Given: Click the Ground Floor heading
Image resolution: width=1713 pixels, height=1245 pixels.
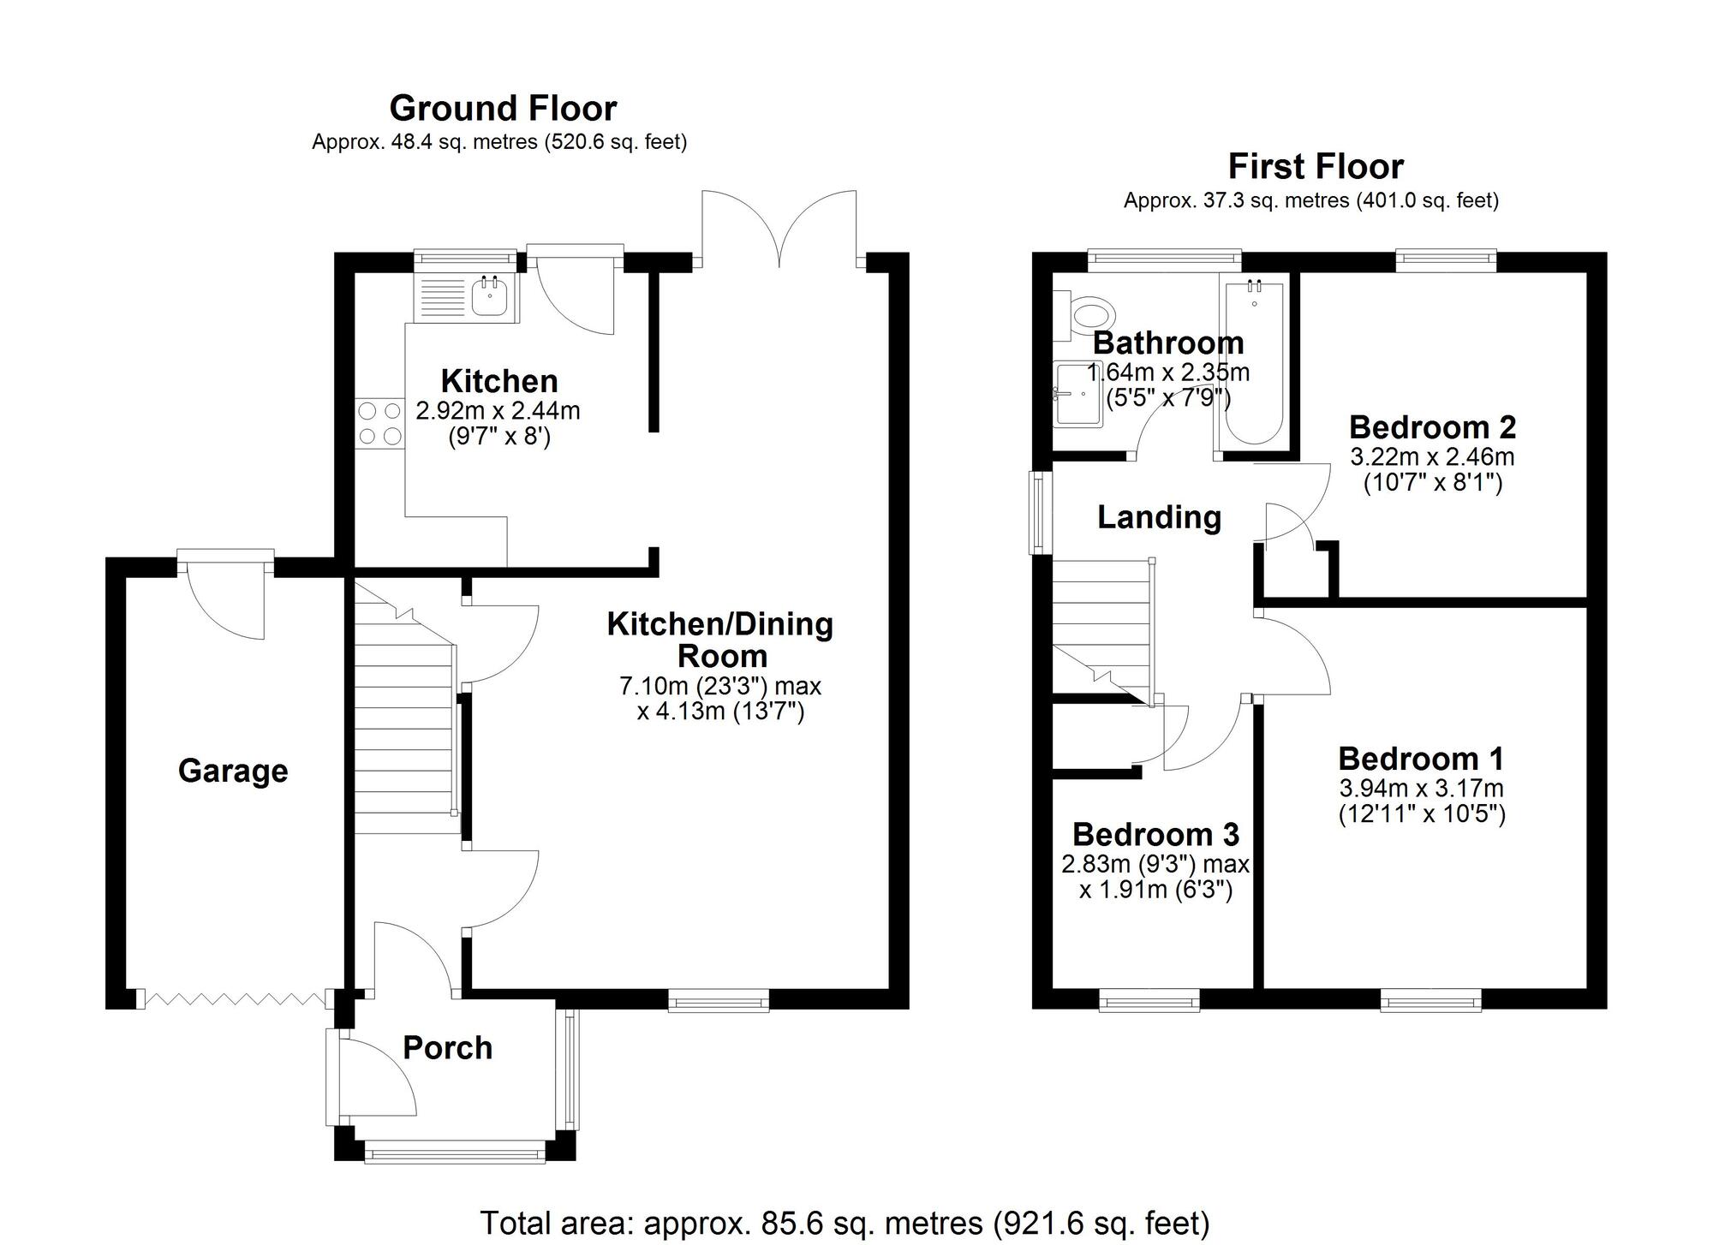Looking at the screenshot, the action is (x=503, y=109).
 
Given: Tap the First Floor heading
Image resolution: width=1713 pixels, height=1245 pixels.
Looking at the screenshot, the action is (x=1316, y=166).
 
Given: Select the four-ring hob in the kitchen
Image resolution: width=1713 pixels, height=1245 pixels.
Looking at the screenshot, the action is (x=380, y=424).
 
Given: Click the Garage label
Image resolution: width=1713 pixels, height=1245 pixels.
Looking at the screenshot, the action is (x=233, y=771).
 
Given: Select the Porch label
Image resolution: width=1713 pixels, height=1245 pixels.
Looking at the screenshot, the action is (x=448, y=1047).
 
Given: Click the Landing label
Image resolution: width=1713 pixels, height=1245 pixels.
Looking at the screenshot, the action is (x=1160, y=517).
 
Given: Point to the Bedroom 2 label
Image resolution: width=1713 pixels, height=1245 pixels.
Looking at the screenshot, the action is (x=1432, y=426).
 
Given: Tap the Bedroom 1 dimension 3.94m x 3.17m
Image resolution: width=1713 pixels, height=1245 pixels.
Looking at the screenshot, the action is (x=1422, y=788).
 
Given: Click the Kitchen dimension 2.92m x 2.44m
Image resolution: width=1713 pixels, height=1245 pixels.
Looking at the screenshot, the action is (x=498, y=411).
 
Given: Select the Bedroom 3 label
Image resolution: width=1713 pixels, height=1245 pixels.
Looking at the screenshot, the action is (x=1156, y=834).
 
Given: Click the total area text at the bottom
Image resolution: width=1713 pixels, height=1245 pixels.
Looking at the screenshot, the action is (x=845, y=1223).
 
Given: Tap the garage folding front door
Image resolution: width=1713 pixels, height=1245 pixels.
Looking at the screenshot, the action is (x=236, y=999).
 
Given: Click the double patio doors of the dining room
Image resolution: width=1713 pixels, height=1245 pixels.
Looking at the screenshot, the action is (x=779, y=228).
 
